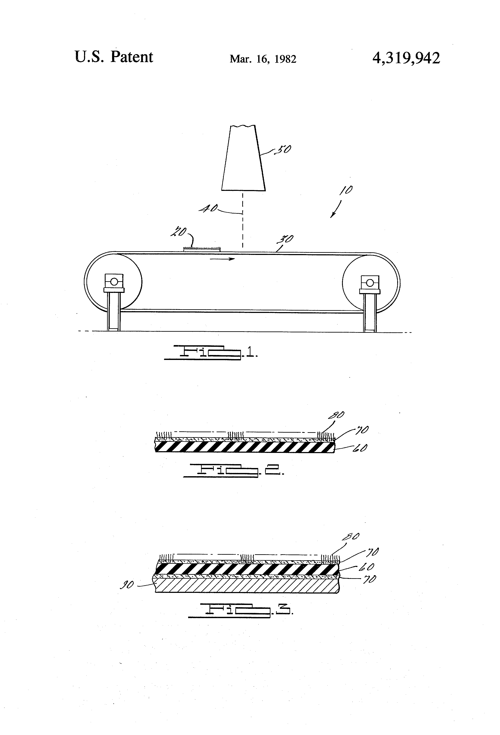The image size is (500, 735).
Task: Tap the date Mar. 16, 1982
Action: pyautogui.click(x=263, y=59)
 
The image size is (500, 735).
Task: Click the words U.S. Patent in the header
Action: pyautogui.click(x=114, y=57)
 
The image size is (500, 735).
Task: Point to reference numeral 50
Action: pyautogui.click(x=283, y=149)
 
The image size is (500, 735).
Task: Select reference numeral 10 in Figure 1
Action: pyautogui.click(x=346, y=190)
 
